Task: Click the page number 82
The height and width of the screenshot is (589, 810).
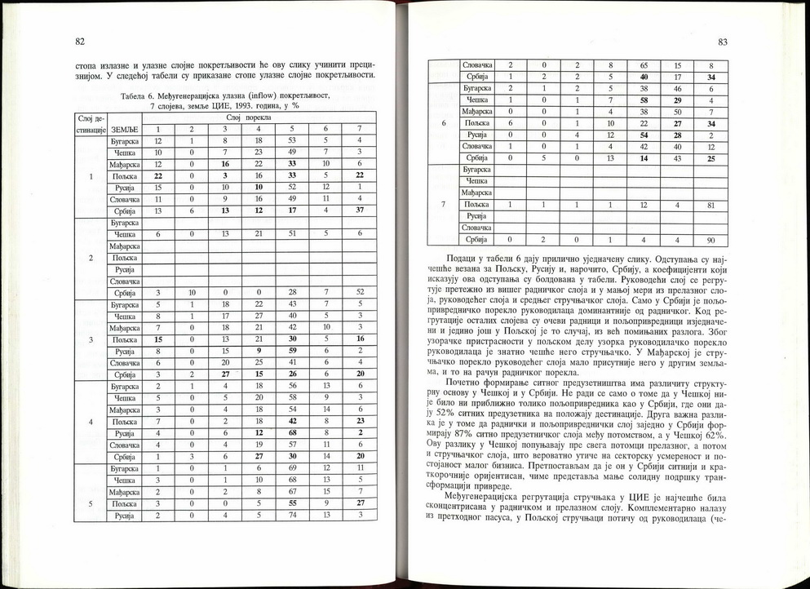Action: [80, 42]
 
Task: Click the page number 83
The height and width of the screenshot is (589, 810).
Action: [723, 42]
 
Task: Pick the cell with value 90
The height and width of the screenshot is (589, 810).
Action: [711, 241]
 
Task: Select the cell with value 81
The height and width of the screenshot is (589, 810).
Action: [711, 204]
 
